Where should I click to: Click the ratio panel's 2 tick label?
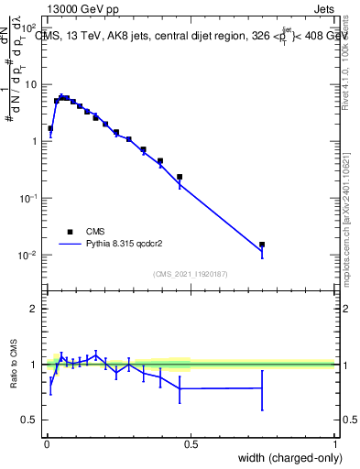(34, 309)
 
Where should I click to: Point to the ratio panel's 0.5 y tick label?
(30, 420)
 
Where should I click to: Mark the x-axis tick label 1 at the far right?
(335, 444)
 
